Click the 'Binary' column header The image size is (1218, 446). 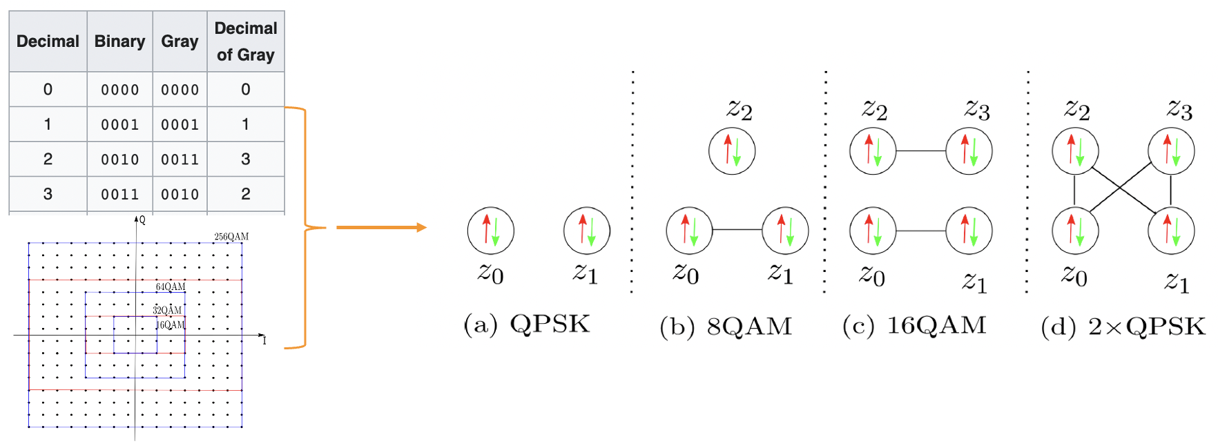[x=119, y=41]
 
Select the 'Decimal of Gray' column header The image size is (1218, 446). [x=245, y=41]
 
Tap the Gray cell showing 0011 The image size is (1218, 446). [x=180, y=159]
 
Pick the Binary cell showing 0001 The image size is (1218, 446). [x=119, y=125]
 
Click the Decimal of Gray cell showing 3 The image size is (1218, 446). [x=245, y=159]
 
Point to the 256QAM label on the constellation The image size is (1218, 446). [x=231, y=237]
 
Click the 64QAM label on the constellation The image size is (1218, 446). [x=171, y=287]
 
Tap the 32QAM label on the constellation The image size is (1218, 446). [x=167, y=310]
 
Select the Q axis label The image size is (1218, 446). [x=142, y=220]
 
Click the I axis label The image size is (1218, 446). [x=264, y=340]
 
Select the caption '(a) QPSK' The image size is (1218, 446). [x=527, y=324]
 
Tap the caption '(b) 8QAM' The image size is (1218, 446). [x=725, y=327]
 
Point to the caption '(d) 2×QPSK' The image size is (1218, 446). [x=1123, y=327]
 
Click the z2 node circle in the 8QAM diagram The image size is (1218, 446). [x=732, y=151]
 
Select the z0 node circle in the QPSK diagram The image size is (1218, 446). [x=491, y=231]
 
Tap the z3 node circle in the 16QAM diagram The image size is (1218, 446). [x=969, y=151]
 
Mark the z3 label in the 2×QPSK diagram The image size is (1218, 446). [x=1180, y=110]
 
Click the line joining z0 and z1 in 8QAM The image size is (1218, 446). [x=737, y=230]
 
